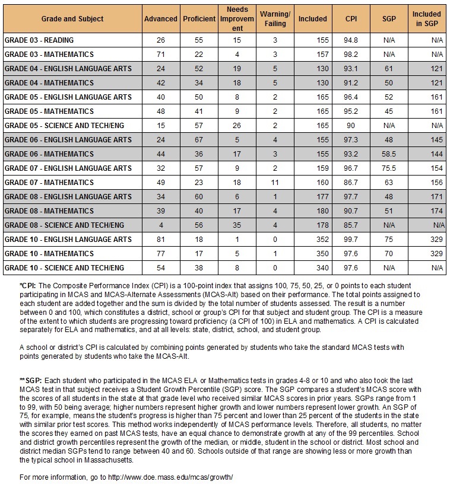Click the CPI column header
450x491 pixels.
click(x=351, y=18)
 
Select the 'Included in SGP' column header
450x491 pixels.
click(x=426, y=18)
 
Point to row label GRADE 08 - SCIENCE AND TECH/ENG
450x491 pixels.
click(x=64, y=225)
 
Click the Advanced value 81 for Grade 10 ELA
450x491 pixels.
click(x=161, y=239)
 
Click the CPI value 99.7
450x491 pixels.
click(x=351, y=239)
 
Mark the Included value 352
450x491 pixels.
click(x=313, y=239)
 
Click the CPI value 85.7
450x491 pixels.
click(x=351, y=225)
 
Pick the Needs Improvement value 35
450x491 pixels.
click(x=236, y=225)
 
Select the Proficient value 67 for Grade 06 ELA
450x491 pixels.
click(x=199, y=139)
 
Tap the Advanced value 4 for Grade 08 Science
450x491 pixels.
click(x=161, y=225)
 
